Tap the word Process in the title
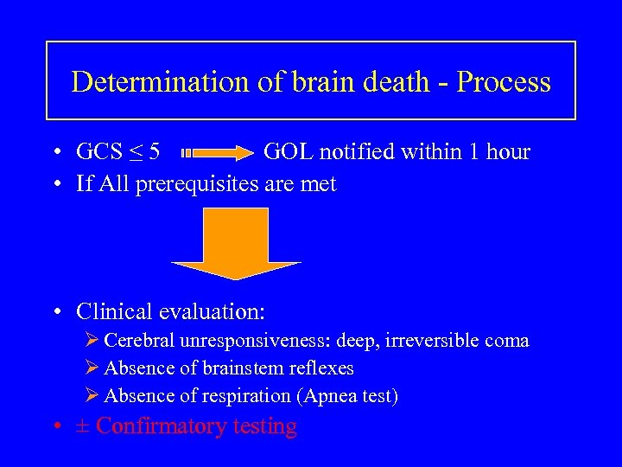[504, 82]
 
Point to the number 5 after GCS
[154, 152]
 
